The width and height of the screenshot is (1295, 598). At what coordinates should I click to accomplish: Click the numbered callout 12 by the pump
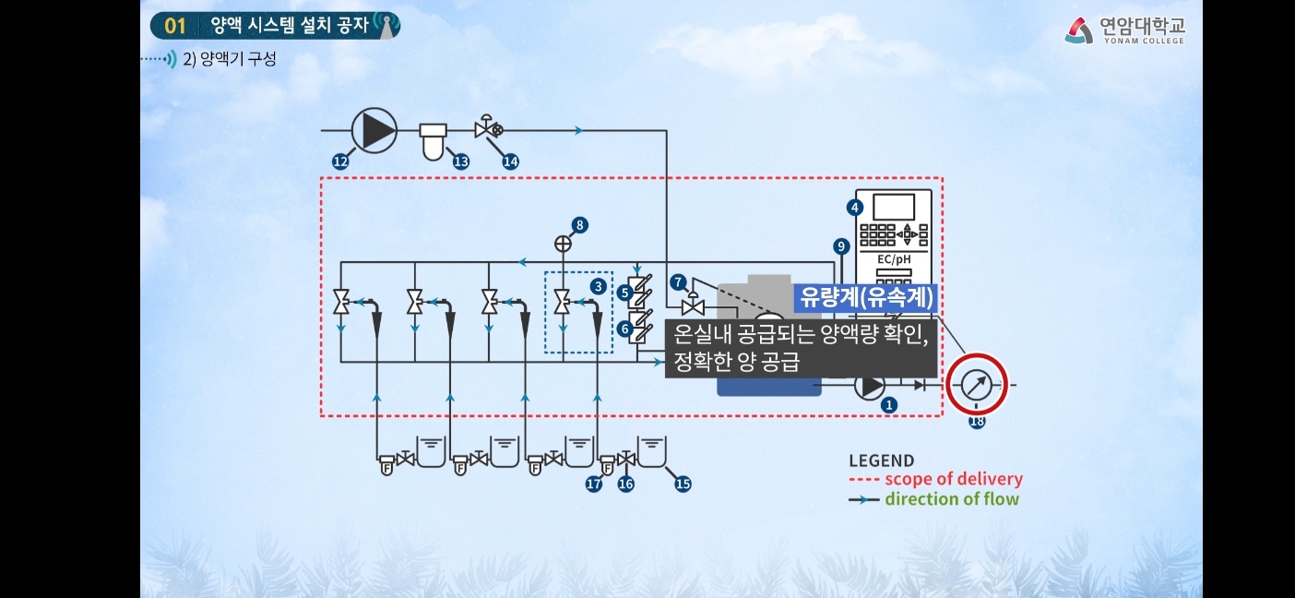pos(340,161)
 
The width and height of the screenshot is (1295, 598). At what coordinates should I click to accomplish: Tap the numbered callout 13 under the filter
pos(460,161)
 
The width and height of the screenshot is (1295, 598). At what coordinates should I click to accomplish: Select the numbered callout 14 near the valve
pos(510,161)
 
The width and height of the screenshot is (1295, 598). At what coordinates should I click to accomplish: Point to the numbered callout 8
pos(579,224)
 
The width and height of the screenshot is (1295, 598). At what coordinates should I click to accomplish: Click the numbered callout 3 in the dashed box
pos(599,286)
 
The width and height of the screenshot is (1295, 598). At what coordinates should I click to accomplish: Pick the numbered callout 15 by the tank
pos(683,483)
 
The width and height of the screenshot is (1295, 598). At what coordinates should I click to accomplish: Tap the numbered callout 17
pos(594,483)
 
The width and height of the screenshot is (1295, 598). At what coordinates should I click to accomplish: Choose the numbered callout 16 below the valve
pos(626,483)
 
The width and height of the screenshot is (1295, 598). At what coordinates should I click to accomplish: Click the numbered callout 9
pos(840,246)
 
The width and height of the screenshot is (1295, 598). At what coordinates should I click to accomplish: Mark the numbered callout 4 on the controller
pos(855,207)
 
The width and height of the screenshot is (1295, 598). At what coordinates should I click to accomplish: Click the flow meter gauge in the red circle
pos(977,385)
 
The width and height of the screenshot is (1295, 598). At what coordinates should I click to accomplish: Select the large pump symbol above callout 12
pos(374,130)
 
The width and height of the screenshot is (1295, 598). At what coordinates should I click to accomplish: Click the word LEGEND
pos(881,460)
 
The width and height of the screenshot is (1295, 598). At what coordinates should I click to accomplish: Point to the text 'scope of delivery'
pos(953,479)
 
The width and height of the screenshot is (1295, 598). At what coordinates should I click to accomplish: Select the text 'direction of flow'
pos(952,499)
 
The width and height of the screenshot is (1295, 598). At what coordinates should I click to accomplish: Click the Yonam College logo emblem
pos(1079,31)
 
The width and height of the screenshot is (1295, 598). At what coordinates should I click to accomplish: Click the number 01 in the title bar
pos(175,26)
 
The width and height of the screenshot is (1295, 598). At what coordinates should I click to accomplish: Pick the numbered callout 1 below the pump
pos(889,404)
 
